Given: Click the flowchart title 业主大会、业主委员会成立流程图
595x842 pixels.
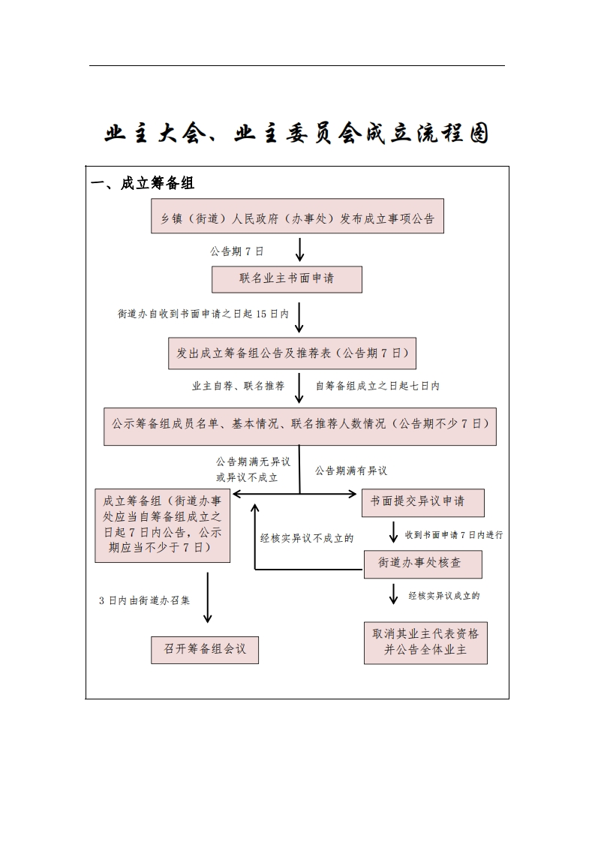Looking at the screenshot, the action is click(296, 133).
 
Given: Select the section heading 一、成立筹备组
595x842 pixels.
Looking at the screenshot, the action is click(143, 183).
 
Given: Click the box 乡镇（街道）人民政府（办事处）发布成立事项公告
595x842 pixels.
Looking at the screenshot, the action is click(297, 216).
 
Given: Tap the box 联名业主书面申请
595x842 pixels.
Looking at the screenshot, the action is click(287, 279).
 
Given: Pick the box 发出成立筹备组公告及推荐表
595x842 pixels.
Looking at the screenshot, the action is click(292, 353).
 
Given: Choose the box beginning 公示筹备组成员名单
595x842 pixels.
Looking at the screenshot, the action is click(300, 426).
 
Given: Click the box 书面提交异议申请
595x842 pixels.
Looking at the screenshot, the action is click(423, 503).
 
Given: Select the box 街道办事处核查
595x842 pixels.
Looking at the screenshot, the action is click(423, 564).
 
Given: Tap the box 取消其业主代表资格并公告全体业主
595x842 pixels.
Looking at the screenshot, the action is click(426, 643).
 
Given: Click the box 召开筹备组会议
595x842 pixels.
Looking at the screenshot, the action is click(205, 650).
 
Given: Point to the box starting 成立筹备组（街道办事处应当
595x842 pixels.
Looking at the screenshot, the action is click(163, 526).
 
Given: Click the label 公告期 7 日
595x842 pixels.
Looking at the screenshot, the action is click(237, 251).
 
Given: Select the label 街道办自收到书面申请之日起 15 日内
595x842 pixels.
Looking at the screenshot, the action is click(203, 314).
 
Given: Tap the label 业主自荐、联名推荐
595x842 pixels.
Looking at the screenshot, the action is click(239, 386).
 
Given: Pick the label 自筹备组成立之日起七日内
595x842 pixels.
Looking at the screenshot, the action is click(377, 386).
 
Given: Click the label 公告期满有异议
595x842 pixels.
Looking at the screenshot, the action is click(350, 471).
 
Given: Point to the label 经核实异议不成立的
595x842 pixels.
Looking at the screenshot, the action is click(307, 538).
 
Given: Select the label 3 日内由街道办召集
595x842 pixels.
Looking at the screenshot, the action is click(145, 600).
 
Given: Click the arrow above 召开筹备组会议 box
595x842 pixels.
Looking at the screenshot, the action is click(208, 597).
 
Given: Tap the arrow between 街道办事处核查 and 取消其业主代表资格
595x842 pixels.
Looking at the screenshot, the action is click(394, 594).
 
